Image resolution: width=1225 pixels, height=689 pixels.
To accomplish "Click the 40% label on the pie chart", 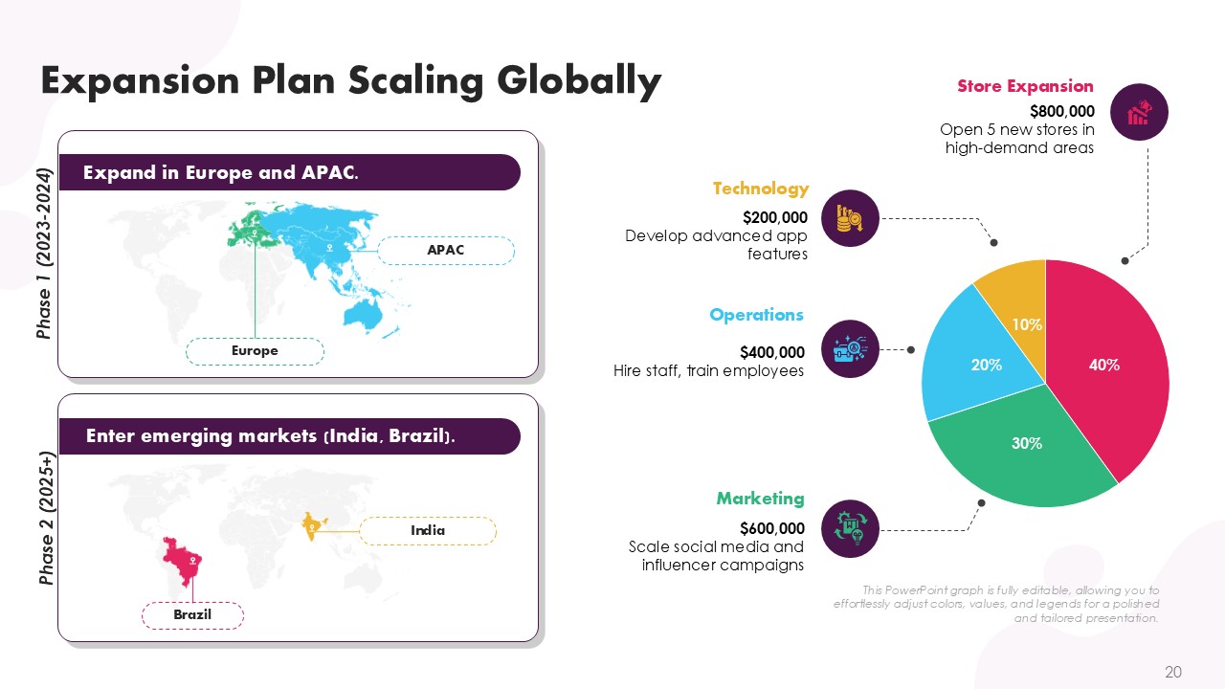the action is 1104,365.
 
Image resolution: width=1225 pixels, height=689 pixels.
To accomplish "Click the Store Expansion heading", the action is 1025,86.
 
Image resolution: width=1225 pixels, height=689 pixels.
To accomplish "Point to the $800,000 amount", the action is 1062,111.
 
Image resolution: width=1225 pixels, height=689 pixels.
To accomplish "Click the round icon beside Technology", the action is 851,218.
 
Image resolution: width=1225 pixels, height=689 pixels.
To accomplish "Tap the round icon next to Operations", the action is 851,349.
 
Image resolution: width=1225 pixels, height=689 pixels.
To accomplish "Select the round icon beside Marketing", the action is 851,529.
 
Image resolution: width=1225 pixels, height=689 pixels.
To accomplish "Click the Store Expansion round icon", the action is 1139,112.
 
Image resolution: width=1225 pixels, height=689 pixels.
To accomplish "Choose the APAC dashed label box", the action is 446,251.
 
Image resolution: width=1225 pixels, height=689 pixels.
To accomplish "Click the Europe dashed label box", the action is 255,351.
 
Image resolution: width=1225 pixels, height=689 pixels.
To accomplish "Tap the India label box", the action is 428,530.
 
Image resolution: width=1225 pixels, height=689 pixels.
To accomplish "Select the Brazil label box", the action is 192,615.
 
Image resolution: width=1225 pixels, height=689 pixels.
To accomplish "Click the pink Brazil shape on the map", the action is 183,561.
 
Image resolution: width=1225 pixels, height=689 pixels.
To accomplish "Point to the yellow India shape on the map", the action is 313,525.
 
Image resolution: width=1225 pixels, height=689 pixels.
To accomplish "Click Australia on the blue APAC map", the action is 362,316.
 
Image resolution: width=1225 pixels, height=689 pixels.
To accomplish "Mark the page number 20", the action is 1173,672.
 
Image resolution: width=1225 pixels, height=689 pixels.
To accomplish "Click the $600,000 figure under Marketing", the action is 772,528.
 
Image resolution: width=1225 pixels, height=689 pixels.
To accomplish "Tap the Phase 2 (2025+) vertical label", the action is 47,518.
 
